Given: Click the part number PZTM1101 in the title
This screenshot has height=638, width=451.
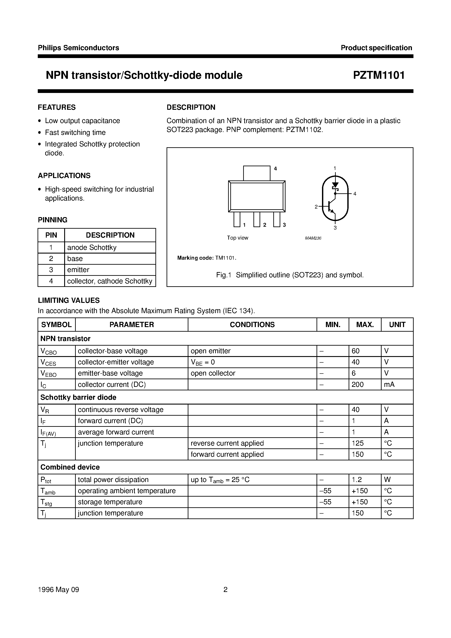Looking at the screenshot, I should [x=379, y=75].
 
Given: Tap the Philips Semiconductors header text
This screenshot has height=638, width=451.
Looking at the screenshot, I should [x=78, y=48].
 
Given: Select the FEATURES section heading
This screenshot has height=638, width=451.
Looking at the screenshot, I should [x=57, y=107].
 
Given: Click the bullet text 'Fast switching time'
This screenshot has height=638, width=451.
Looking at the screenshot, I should [x=75, y=132].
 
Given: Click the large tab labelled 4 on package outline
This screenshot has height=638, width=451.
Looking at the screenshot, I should [x=256, y=173].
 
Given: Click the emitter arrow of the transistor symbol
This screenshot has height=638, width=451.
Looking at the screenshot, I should [x=332, y=211].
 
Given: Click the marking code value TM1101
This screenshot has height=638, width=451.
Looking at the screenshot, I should [x=225, y=258].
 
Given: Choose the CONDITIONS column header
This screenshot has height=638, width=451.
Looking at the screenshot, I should [x=252, y=324].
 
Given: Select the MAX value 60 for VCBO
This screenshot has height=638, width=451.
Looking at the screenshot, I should [x=355, y=351].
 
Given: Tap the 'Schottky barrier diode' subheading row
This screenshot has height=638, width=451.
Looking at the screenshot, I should [x=78, y=397].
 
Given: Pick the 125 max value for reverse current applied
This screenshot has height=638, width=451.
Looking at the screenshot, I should [x=357, y=443].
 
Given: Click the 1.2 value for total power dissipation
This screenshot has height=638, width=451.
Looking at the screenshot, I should [x=356, y=480].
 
